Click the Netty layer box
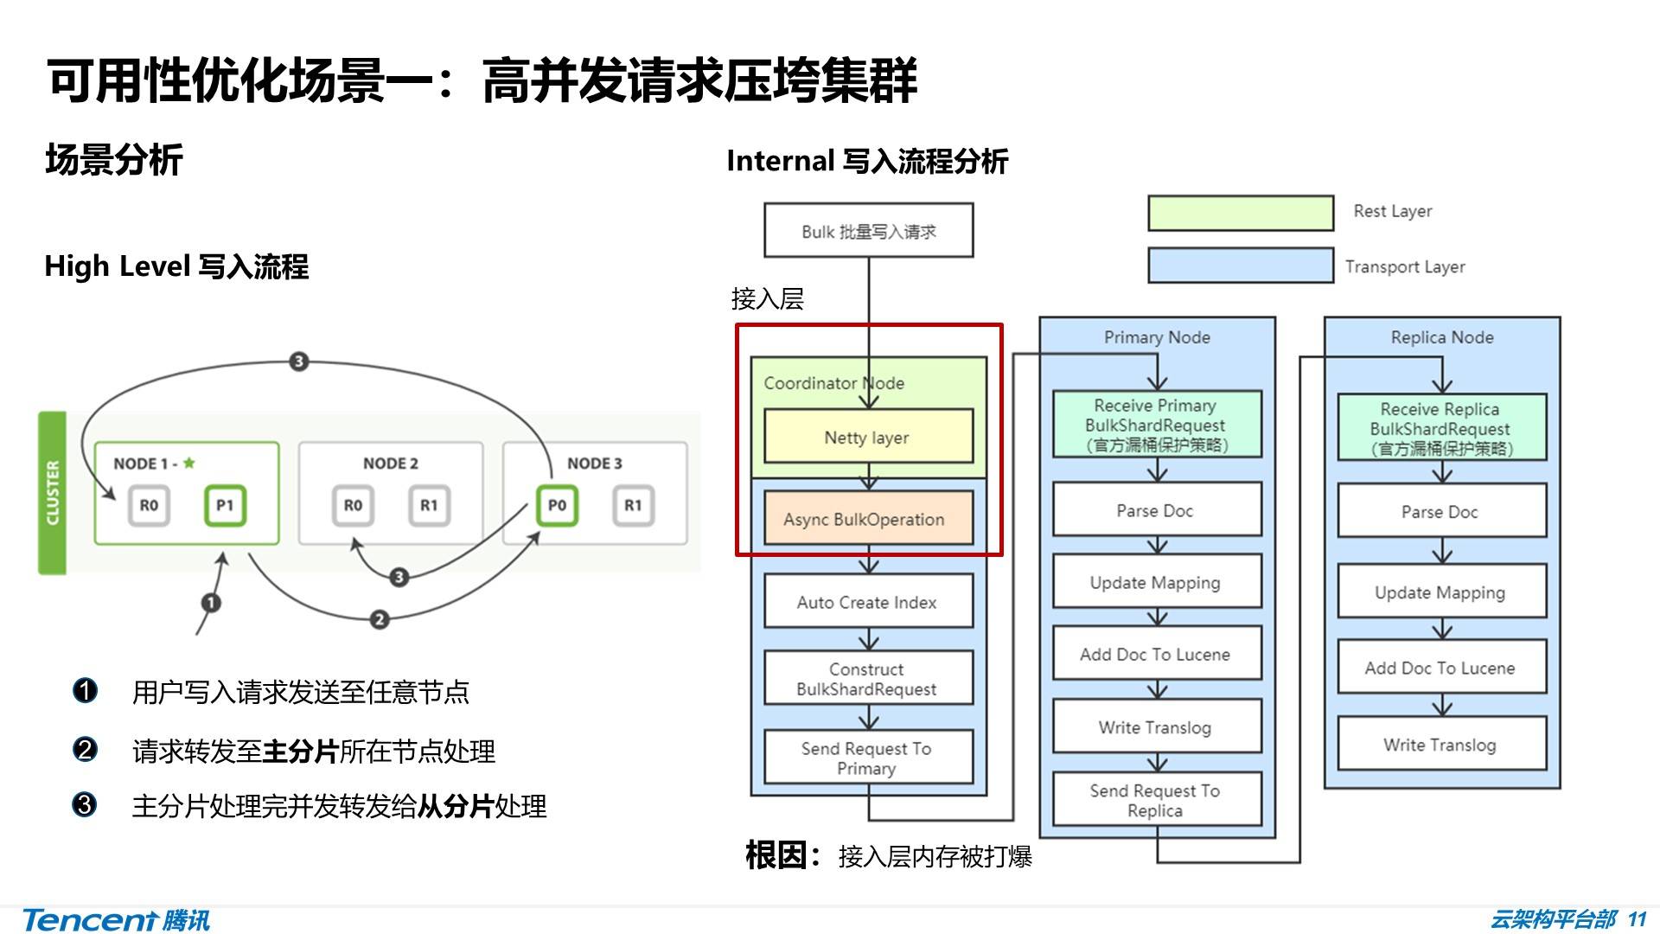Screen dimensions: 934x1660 click(868, 437)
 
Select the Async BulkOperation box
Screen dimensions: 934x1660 click(868, 519)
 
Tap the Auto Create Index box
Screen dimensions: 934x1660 click(868, 602)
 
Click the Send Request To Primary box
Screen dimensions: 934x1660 click(868, 758)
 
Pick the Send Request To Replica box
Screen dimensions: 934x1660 click(1156, 800)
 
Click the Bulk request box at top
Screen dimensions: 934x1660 click(868, 231)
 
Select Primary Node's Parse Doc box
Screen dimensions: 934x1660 click(1156, 510)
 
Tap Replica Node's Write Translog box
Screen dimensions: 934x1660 click(1440, 744)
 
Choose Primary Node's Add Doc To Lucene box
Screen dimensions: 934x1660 click(1156, 654)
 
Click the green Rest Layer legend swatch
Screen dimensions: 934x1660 click(1240, 213)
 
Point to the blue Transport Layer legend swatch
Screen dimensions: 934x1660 click(1240, 265)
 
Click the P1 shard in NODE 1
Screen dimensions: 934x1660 click(225, 506)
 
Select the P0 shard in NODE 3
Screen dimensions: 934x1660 click(557, 506)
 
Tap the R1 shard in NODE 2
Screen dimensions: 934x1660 click(429, 506)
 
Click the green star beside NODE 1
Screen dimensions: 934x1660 click(189, 463)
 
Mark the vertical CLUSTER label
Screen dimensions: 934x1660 click(53, 493)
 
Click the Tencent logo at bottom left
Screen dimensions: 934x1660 click(116, 919)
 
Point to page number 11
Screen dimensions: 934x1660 click(1637, 918)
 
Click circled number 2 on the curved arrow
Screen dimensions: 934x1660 click(379, 619)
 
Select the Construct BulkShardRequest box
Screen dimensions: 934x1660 click(868, 679)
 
